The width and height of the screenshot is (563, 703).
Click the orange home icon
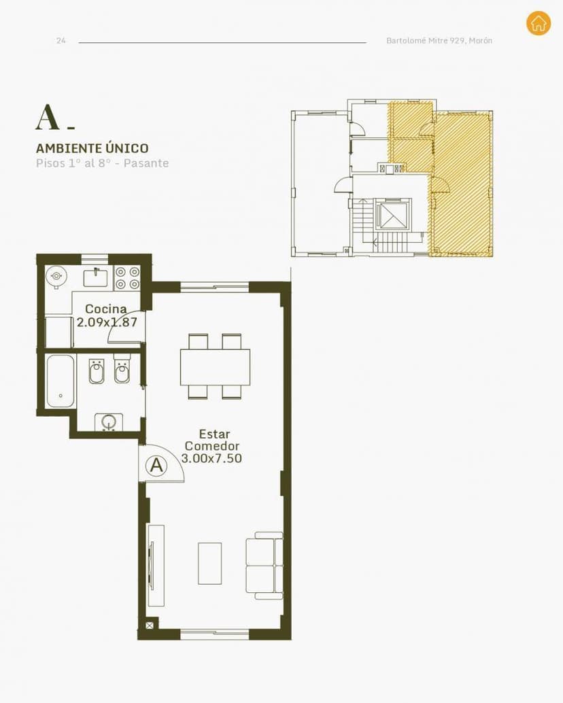coord(539,23)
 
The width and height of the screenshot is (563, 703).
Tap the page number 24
coord(61,41)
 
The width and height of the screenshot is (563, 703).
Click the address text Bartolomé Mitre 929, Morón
coord(439,40)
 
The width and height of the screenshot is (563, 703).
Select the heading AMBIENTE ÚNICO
coord(92,148)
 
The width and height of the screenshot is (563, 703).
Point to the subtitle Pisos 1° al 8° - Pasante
coord(103,162)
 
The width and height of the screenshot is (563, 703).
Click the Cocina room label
coord(106,309)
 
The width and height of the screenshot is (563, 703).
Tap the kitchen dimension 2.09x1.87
coord(107,322)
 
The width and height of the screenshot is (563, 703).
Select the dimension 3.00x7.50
coord(211,458)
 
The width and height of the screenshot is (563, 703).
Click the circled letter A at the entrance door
coord(157,465)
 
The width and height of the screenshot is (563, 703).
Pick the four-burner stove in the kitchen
coord(127,278)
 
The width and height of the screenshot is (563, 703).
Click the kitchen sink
coord(95,277)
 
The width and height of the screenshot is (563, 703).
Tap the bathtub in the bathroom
coord(61,381)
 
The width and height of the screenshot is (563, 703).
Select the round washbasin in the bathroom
coord(109,422)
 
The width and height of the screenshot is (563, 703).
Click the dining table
coord(215,366)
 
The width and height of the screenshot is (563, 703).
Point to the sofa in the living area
coord(265,566)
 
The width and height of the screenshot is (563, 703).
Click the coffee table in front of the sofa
coord(210,564)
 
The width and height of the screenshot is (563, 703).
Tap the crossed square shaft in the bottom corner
coord(150,625)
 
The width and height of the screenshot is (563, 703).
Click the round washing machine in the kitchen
coord(56,276)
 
